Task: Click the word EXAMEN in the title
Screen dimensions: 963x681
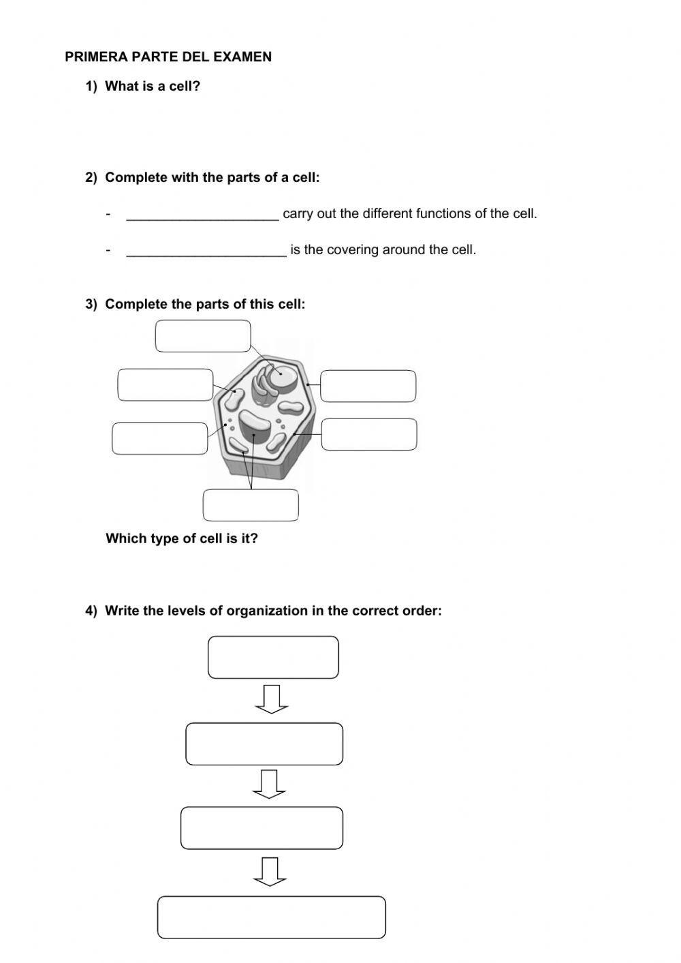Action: [242, 57]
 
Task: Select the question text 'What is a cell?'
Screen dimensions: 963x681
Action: [153, 87]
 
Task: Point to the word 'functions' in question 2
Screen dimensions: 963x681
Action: [443, 214]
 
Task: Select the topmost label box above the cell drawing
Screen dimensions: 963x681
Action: [203, 336]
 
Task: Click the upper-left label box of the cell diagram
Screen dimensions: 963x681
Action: [165, 385]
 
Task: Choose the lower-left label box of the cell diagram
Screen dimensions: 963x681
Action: [160, 438]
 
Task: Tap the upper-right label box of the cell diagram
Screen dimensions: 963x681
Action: [368, 386]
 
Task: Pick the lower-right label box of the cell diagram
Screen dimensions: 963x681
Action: [368, 434]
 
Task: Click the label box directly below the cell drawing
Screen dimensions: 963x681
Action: [251, 505]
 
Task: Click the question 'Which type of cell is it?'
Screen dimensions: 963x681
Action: [182, 538]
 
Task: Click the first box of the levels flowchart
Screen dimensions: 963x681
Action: [273, 658]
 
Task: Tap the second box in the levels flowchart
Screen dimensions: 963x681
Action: [264, 744]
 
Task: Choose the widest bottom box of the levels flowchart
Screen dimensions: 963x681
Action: [272, 917]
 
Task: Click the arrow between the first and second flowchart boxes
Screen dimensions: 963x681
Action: [272, 699]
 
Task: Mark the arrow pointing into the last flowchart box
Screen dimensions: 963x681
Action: [270, 872]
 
